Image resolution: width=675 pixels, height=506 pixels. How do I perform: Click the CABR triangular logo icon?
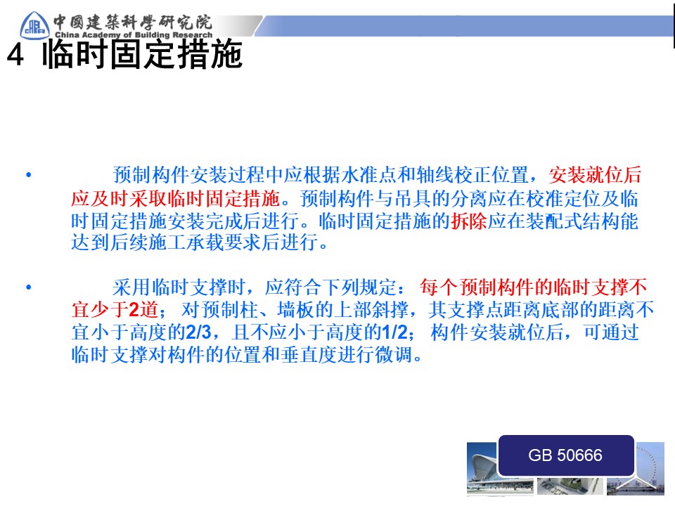click(34, 25)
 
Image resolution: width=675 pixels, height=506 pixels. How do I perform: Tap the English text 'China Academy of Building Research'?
click(134, 34)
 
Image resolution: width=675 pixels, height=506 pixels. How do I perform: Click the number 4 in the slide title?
click(15, 55)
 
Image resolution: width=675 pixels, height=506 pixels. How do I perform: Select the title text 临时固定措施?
click(143, 54)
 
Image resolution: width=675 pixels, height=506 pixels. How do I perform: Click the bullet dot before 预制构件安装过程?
click(29, 175)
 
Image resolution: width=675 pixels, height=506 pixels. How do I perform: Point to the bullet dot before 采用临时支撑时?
click(29, 287)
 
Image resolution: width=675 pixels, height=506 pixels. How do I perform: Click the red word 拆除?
click(469, 221)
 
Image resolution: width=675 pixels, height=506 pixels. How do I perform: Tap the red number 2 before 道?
click(134, 309)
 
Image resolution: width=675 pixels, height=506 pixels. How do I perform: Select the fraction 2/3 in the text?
click(198, 332)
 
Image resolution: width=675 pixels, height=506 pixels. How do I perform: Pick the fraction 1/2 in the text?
click(394, 332)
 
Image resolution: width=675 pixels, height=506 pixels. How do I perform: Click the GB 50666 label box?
click(565, 455)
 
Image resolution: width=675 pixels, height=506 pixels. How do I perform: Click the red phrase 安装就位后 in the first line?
click(596, 175)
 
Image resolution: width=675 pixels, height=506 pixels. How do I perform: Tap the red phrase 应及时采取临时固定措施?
click(176, 198)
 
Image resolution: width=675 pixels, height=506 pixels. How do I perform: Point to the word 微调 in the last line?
click(394, 355)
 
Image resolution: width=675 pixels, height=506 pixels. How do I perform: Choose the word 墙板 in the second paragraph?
click(296, 309)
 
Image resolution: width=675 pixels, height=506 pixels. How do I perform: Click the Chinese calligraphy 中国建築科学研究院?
click(133, 22)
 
